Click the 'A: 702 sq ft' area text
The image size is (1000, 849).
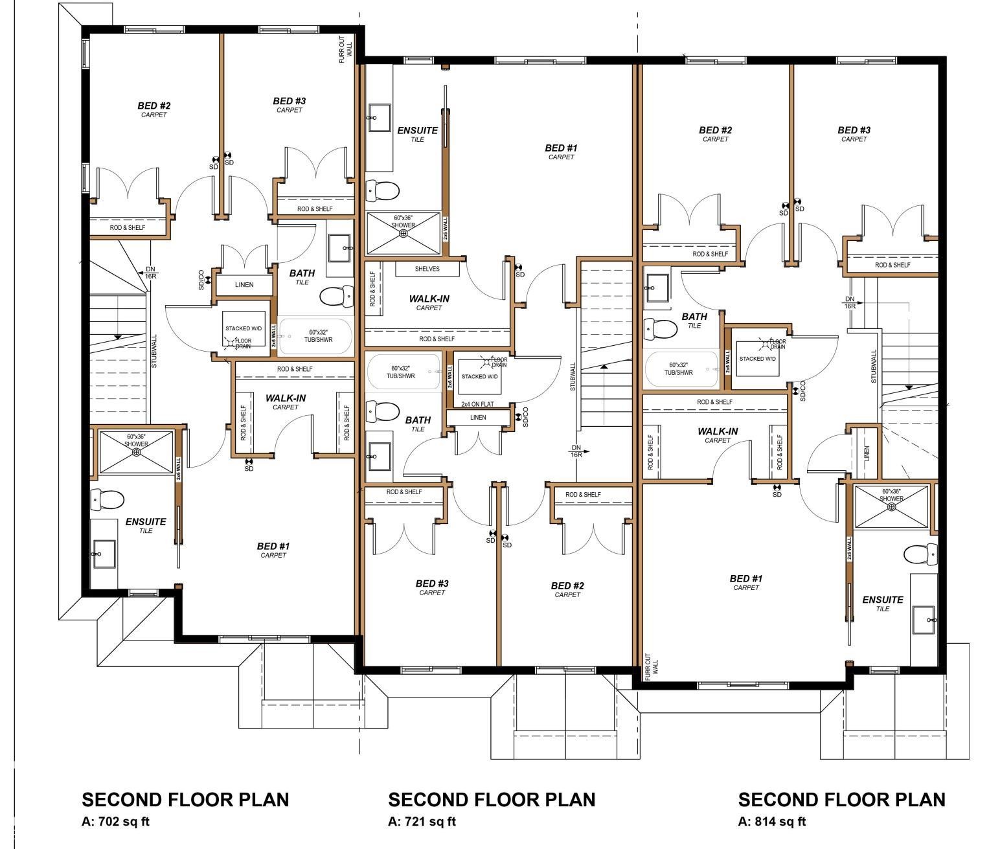116,821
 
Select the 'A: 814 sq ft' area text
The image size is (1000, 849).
772,821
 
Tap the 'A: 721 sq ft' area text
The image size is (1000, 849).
422,821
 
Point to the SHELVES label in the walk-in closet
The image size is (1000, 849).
427,269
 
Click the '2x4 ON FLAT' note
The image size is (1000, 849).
477,404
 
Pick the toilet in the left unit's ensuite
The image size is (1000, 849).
107,500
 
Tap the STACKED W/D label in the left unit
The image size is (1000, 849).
244,328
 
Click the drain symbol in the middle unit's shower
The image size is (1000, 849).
403,233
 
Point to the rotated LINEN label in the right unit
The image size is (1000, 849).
867,453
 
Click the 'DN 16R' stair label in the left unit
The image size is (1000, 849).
150,273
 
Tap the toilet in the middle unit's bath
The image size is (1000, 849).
382,411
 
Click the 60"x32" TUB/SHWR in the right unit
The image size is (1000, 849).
681,370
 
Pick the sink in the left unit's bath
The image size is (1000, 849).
339,248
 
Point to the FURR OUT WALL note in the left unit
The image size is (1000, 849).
345,49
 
